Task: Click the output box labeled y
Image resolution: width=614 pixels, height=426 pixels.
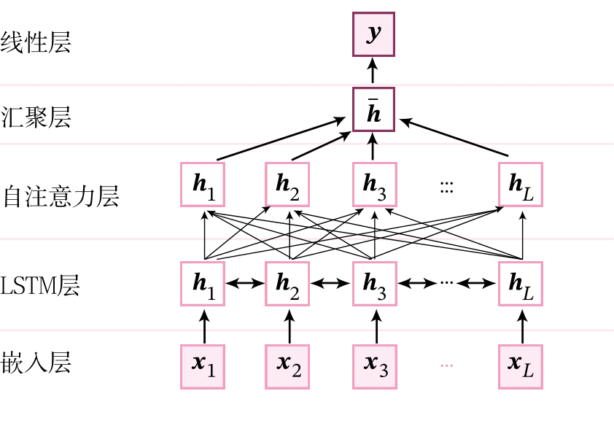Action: point(373,34)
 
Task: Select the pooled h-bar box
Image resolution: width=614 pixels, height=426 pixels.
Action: point(373,109)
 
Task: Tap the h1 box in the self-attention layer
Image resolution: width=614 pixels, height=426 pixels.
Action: point(203,185)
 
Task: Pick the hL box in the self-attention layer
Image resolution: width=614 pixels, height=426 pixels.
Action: point(521,185)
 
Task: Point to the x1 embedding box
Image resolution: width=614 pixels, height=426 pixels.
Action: point(203,364)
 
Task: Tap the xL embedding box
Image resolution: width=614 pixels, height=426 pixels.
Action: point(521,364)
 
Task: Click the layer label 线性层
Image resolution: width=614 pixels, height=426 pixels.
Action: point(36,42)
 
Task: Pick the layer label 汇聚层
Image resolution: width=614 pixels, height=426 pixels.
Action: point(36,117)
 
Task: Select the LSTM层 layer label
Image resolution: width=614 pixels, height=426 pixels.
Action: point(40,285)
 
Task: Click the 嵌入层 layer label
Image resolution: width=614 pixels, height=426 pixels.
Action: point(36,363)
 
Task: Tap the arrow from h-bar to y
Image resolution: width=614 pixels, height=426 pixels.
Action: point(373,71)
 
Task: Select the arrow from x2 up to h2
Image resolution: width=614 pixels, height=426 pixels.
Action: point(289,325)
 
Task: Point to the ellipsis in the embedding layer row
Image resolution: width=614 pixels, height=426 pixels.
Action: point(447,365)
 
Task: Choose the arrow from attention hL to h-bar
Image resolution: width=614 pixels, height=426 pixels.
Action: point(454,138)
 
